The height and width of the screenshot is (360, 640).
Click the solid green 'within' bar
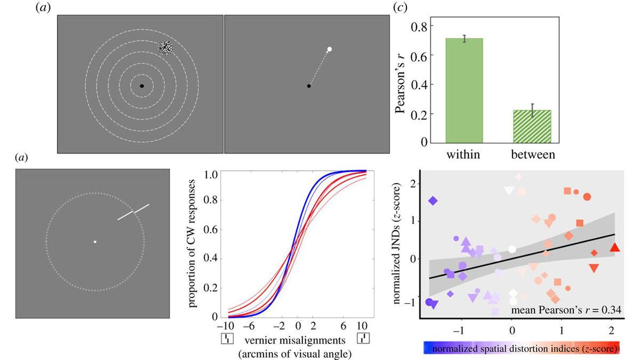click(464, 90)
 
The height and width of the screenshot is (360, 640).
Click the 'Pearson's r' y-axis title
click(402, 81)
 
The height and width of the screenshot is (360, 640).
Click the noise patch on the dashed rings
click(166, 47)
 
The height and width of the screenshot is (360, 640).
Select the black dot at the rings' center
click(142, 86)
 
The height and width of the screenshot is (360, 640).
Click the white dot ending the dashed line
click(330, 50)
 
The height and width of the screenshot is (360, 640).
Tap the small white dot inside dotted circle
click(95, 242)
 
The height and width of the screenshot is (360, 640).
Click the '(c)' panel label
click(398, 8)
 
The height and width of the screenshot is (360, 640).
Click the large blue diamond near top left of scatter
click(433, 201)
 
